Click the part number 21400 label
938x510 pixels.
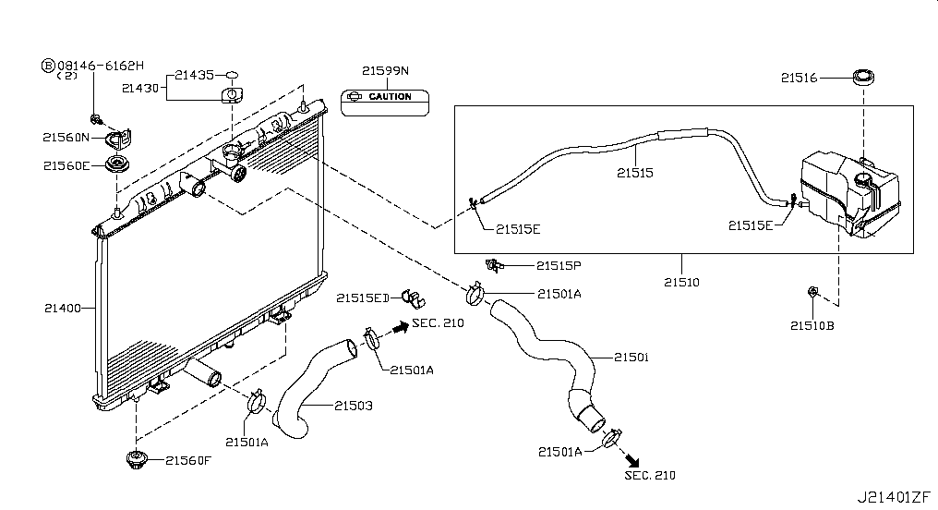tap(62, 309)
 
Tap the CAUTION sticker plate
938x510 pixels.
tap(385, 103)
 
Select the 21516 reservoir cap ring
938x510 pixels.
tap(862, 78)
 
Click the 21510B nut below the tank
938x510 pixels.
tap(812, 292)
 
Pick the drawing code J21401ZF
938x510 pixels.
tap(894, 497)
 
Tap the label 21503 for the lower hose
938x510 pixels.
tap(353, 406)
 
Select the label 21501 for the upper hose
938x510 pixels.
tap(631, 358)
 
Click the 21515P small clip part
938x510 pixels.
tap(494, 264)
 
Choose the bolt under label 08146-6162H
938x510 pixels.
tap(94, 118)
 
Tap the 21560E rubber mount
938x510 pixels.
tap(116, 164)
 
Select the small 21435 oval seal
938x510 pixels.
tap(232, 75)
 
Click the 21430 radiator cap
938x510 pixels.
tap(232, 95)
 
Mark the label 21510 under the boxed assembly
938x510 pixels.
tap(681, 282)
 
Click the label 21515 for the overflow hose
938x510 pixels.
tap(634, 173)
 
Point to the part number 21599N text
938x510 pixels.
tap(385, 70)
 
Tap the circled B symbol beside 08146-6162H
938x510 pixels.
tap(48, 66)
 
